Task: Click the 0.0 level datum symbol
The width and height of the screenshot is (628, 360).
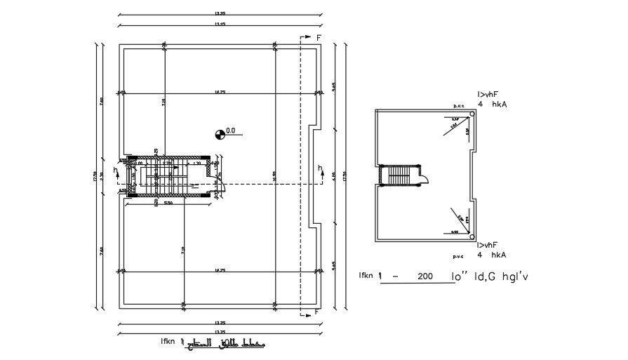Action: click(x=220, y=131)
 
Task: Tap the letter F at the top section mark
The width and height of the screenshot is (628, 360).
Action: click(x=319, y=36)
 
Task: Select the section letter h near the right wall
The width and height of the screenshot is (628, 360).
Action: click(x=320, y=168)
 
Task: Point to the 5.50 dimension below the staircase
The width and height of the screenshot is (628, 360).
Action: click(x=168, y=204)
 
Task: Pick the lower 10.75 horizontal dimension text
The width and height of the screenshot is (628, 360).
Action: click(x=220, y=269)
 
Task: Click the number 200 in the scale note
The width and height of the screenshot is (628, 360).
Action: click(x=424, y=277)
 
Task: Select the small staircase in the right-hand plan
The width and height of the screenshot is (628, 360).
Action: click(x=401, y=175)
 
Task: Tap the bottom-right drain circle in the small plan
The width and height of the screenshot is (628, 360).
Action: click(x=472, y=236)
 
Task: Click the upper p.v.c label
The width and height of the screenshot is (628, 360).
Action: click(x=460, y=105)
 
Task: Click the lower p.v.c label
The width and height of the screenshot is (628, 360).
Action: click(x=460, y=256)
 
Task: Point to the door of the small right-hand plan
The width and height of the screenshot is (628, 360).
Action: click(x=425, y=177)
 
